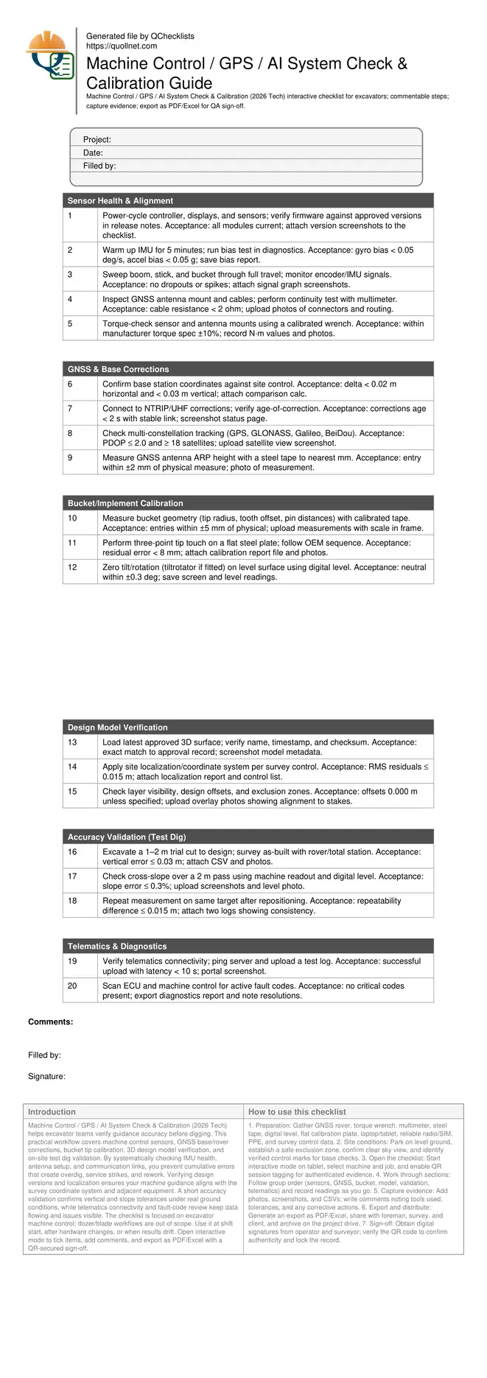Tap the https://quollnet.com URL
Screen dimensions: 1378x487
pos(122,46)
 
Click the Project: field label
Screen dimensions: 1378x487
pos(97,139)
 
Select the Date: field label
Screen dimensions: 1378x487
pos(93,152)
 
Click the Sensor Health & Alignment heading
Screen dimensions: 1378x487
pos(120,200)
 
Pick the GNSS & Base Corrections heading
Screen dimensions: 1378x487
pos(118,369)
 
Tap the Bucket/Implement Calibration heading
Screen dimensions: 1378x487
pos(125,503)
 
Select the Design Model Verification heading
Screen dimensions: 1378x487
pos(117,727)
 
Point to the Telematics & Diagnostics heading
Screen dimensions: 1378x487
pos(117,946)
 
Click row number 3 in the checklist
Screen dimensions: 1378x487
pos(70,275)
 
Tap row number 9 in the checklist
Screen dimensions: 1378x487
pos(70,458)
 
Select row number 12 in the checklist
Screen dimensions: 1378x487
pos(72,568)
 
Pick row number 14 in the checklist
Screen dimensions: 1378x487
pos(72,767)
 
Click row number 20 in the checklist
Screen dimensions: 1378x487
pos(72,986)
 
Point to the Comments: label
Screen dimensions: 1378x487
pos(51,1022)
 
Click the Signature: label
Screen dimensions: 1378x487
pos(47,1076)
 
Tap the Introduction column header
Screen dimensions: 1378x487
pos(52,1111)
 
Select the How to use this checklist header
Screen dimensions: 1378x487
pos(297,1111)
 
